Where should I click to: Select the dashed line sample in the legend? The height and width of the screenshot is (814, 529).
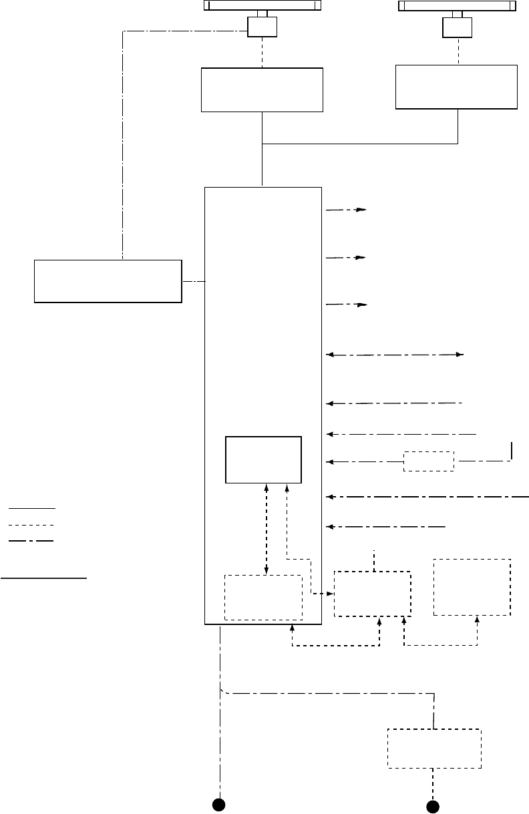pos(31,525)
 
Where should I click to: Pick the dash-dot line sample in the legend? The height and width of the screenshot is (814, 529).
pos(31,540)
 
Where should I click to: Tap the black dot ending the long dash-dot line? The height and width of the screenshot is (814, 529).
pos(218,804)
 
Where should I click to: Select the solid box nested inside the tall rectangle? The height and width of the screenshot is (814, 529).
pos(264,460)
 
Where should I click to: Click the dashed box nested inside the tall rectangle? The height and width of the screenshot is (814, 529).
pos(263,598)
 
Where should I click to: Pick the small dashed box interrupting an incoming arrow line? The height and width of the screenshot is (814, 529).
pos(429,461)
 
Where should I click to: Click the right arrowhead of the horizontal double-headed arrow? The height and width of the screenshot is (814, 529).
pos(460,355)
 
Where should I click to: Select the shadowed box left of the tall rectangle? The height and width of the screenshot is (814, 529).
pos(108,281)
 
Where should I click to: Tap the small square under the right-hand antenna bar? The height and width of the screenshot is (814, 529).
pos(457,27)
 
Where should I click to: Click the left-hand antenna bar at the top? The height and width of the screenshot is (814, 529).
pos(262,5)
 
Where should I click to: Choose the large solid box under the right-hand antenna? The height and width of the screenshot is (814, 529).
pos(456,87)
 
